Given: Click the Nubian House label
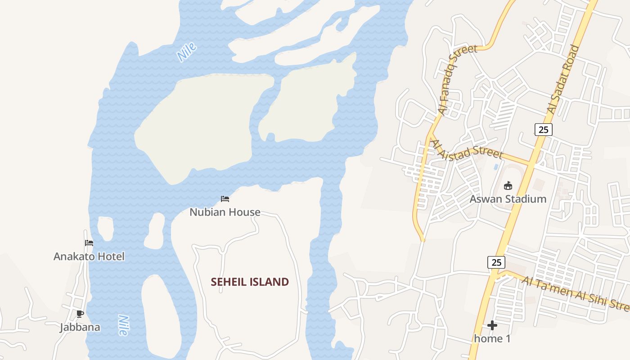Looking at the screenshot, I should [x=225, y=212].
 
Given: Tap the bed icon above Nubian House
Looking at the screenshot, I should [x=225, y=198].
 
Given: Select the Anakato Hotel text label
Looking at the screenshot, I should [x=89, y=256].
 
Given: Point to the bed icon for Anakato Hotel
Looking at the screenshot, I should [x=89, y=243].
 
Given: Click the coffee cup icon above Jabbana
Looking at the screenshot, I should [x=80, y=314].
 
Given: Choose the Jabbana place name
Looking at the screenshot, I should [x=80, y=327].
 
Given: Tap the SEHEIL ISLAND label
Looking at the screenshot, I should [x=250, y=282].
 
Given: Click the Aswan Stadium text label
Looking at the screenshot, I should [x=508, y=199].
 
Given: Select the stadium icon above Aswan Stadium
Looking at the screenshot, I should [x=508, y=185].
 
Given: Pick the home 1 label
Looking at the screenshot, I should [x=492, y=338].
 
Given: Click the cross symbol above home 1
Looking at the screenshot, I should [x=492, y=325].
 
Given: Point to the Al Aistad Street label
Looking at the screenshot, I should [x=466, y=149].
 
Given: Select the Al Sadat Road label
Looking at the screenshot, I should [x=563, y=79].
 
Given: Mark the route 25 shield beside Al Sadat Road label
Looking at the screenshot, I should [x=543, y=130].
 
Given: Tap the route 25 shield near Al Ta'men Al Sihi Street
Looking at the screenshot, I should [x=496, y=262].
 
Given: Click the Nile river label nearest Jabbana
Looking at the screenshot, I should [x=122, y=325].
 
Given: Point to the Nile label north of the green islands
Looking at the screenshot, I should [x=187, y=52].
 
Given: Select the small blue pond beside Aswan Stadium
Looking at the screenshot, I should [x=496, y=166].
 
